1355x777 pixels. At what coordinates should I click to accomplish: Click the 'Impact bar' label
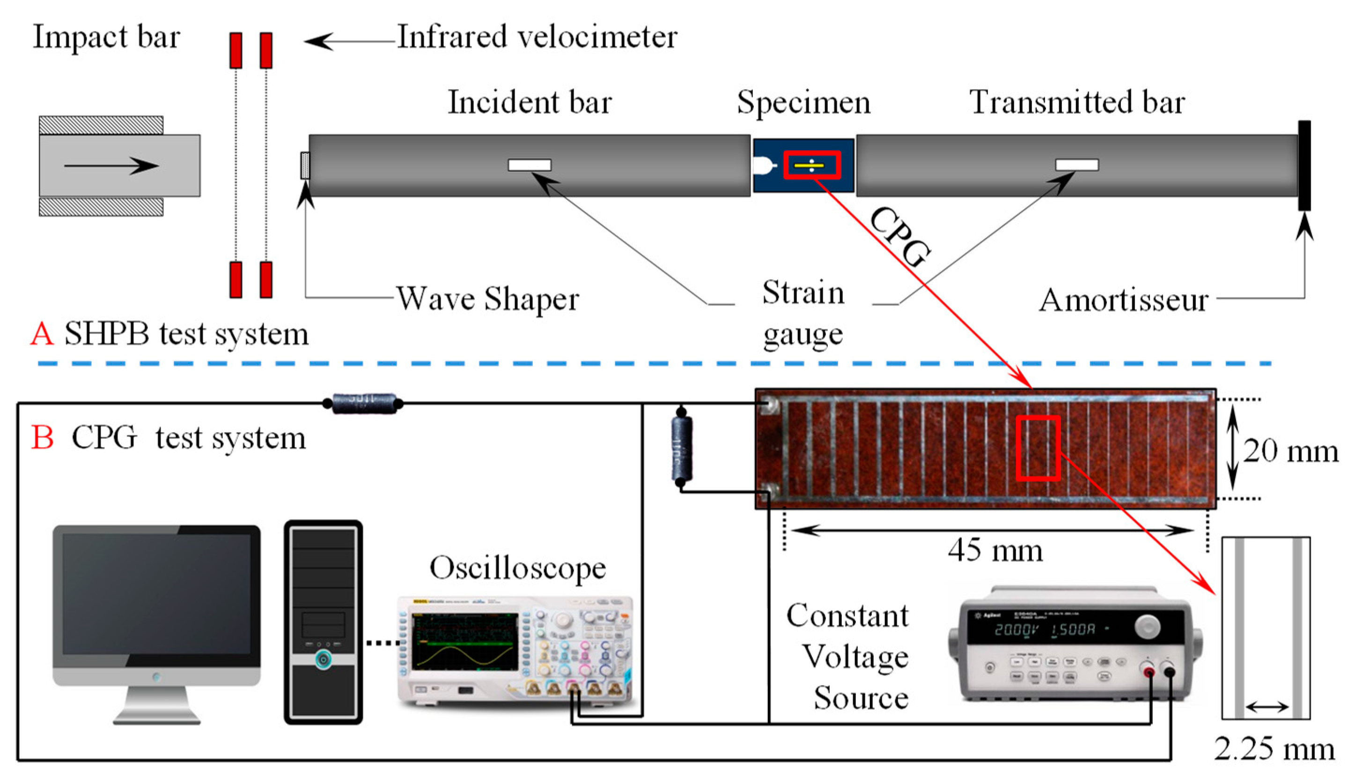pos(106,37)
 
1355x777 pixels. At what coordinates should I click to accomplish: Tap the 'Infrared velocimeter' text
pos(537,37)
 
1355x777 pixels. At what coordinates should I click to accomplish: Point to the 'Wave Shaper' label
pos(487,299)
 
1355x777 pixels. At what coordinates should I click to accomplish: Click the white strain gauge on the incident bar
pos(529,165)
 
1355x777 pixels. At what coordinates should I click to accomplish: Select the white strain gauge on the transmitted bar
pos(1076,165)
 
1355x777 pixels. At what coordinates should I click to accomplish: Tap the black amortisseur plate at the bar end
pos(1304,166)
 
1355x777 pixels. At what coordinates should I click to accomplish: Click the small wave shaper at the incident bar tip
pos(305,166)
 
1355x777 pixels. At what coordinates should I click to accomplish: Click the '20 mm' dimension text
pos(1290,451)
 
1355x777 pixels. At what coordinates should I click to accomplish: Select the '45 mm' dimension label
pos(994,551)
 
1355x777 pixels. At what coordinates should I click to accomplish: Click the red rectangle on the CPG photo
pos(1038,448)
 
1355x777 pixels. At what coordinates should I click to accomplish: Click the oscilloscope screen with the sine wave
pos(464,642)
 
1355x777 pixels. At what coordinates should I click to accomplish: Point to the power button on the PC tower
pos(323,660)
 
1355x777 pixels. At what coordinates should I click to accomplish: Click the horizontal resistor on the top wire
pos(364,403)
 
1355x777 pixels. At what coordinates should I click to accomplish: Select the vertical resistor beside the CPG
pos(682,448)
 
